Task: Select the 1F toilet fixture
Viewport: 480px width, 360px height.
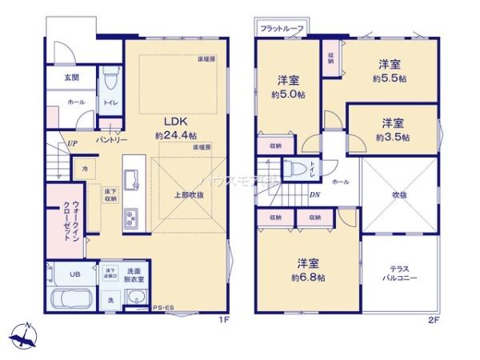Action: [110, 83]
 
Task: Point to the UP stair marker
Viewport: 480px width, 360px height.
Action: [72, 144]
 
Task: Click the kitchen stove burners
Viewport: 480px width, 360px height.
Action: [131, 218]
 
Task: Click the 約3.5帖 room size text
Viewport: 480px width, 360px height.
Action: [392, 137]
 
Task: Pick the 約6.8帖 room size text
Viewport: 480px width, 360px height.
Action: [306, 277]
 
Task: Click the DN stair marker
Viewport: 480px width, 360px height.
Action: [316, 194]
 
